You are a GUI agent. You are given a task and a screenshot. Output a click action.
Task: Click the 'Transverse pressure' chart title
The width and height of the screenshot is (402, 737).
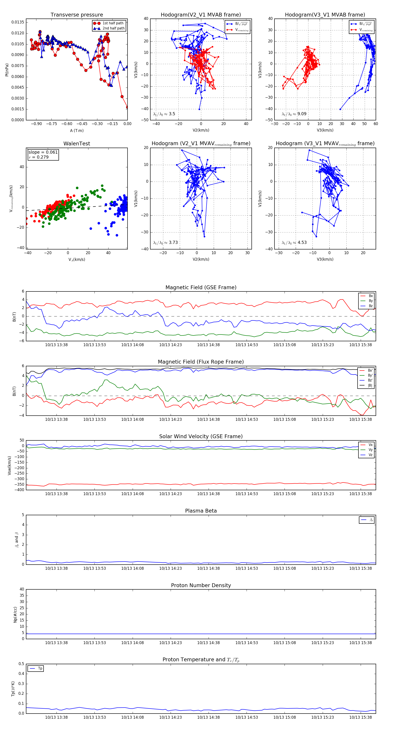tap(77, 15)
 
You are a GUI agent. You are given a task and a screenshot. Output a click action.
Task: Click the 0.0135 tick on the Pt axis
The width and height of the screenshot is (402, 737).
tap(18, 22)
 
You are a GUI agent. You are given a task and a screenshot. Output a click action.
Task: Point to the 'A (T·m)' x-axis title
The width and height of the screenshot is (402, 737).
tap(77, 131)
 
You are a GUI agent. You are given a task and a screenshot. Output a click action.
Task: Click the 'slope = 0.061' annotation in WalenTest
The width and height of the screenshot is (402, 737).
tap(43, 152)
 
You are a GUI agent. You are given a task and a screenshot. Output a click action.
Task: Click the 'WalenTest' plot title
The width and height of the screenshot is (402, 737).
tap(77, 144)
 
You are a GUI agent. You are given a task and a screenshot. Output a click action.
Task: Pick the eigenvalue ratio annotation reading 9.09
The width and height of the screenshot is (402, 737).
tap(294, 114)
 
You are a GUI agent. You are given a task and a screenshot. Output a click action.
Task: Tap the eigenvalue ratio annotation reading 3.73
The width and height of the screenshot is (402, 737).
tap(165, 243)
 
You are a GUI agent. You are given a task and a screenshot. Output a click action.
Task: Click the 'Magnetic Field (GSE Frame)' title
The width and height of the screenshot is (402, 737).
tap(201, 287)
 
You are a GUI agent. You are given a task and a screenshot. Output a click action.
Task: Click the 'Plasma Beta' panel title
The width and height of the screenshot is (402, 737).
tap(201, 511)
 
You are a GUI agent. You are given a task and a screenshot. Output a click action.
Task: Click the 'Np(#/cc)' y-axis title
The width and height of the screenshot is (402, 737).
tap(15, 615)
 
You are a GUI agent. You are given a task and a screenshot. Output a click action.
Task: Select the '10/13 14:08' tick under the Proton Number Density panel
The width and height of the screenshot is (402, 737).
tap(132, 643)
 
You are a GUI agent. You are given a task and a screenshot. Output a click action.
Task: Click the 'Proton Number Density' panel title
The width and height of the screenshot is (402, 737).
tap(201, 585)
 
